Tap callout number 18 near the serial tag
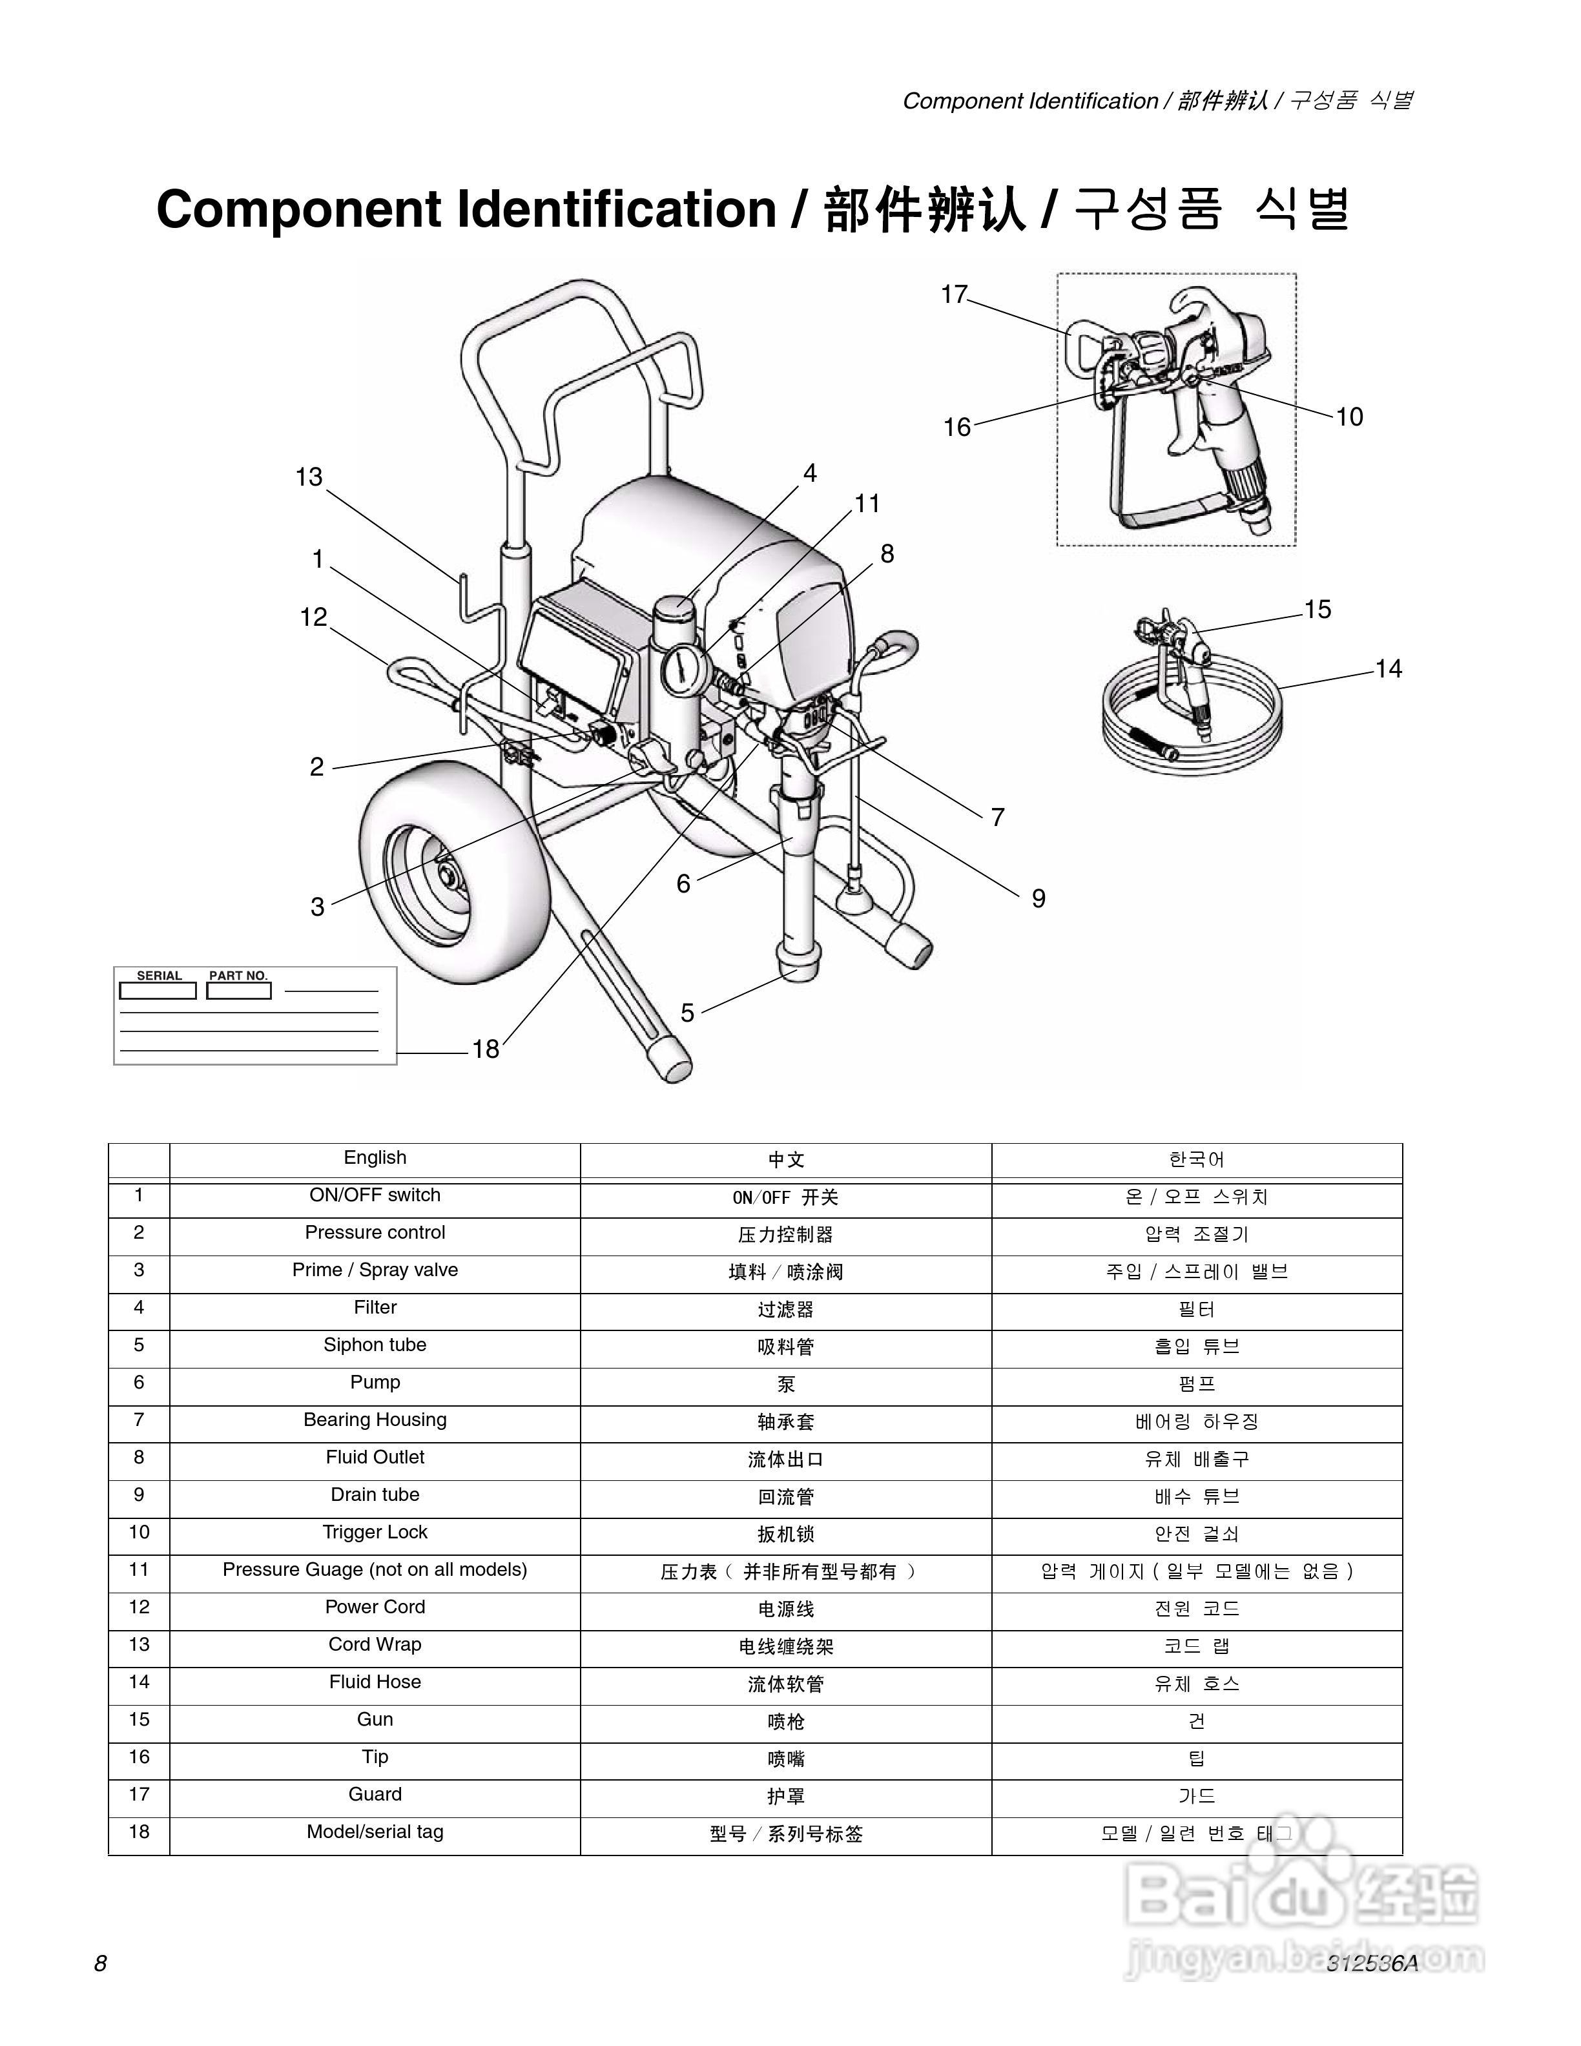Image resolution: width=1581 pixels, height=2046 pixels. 485,1049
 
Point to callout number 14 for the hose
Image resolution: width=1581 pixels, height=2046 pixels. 1388,669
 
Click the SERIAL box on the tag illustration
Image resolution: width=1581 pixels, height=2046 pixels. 158,990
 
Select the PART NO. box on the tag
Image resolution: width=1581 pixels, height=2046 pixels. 238,990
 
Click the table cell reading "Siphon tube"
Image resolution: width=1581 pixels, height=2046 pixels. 375,1345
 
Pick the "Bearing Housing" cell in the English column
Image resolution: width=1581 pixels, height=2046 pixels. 375,1420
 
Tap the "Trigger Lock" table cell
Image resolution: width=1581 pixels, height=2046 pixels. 375,1532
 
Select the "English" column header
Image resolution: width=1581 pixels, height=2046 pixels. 375,1158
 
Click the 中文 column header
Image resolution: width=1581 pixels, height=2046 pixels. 786,1160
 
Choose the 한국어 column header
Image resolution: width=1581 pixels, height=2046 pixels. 1197,1160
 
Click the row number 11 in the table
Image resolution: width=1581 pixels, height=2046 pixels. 139,1569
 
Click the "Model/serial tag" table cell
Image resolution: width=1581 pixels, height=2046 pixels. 375,1832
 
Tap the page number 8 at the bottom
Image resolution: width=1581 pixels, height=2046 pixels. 100,1963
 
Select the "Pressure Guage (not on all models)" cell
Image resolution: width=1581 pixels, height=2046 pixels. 375,1569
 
